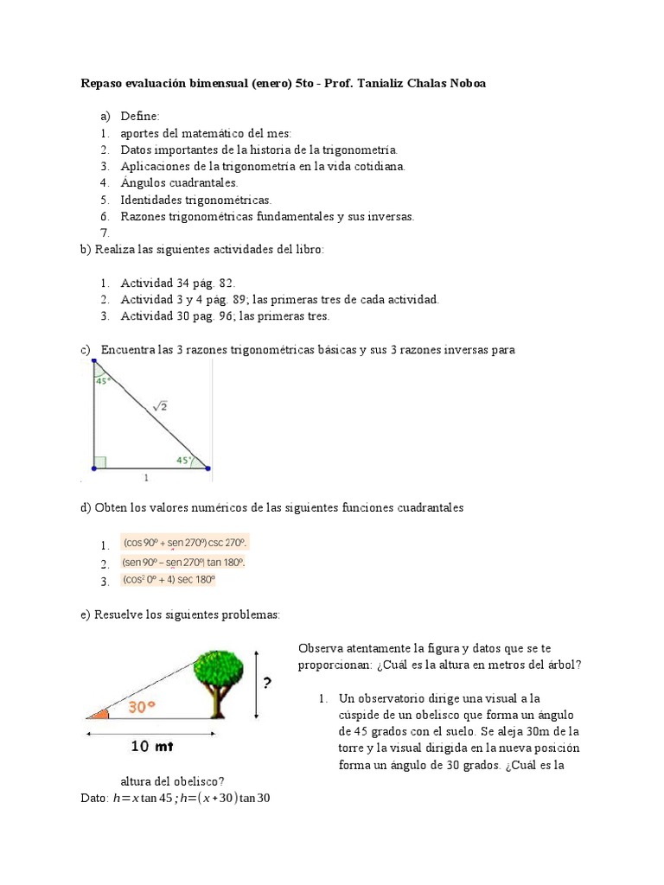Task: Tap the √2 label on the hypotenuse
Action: [x=160, y=405]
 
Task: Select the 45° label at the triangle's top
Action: [x=102, y=380]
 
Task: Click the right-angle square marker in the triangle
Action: [x=99, y=462]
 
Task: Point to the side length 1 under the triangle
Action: [x=146, y=476]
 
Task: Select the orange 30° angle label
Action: [x=142, y=706]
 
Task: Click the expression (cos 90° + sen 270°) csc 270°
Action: [x=185, y=543]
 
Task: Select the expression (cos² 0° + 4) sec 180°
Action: [x=169, y=580]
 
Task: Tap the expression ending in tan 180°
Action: [x=184, y=562]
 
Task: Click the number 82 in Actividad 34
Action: [x=226, y=283]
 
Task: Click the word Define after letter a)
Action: [x=139, y=116]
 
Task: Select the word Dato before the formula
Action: [x=93, y=798]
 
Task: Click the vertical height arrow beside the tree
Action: [x=257, y=684]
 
